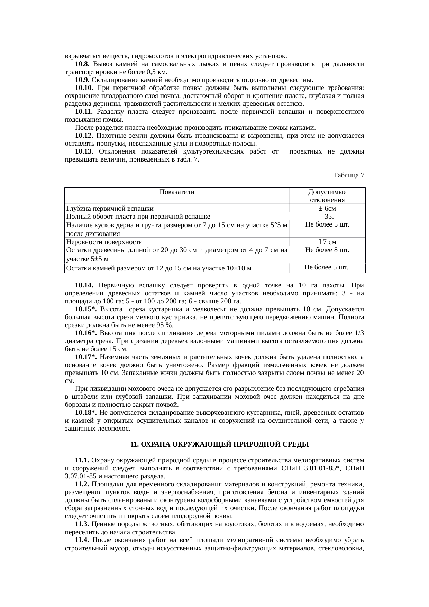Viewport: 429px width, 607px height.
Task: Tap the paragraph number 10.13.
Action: (x=84, y=152)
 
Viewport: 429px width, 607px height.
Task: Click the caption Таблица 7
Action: (x=348, y=175)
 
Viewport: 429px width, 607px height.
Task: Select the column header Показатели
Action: (x=177, y=192)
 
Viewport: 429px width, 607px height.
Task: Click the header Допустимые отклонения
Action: (x=327, y=196)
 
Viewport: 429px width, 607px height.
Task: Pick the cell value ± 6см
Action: (x=327, y=209)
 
